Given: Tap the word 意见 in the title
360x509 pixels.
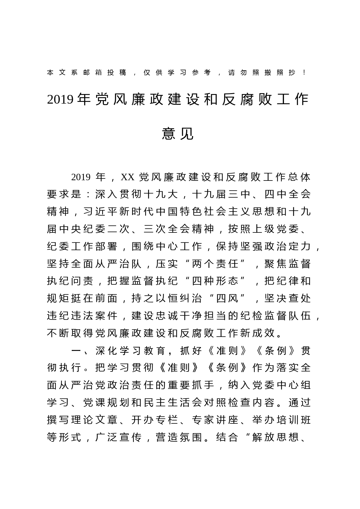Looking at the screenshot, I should pyautogui.click(x=178, y=134).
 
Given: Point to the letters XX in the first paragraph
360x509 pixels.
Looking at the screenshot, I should pyautogui.click(x=127, y=177).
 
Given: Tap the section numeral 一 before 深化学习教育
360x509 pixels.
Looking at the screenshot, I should pyautogui.click(x=76, y=351).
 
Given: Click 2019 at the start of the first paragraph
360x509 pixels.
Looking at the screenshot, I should pyautogui.click(x=81, y=177).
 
